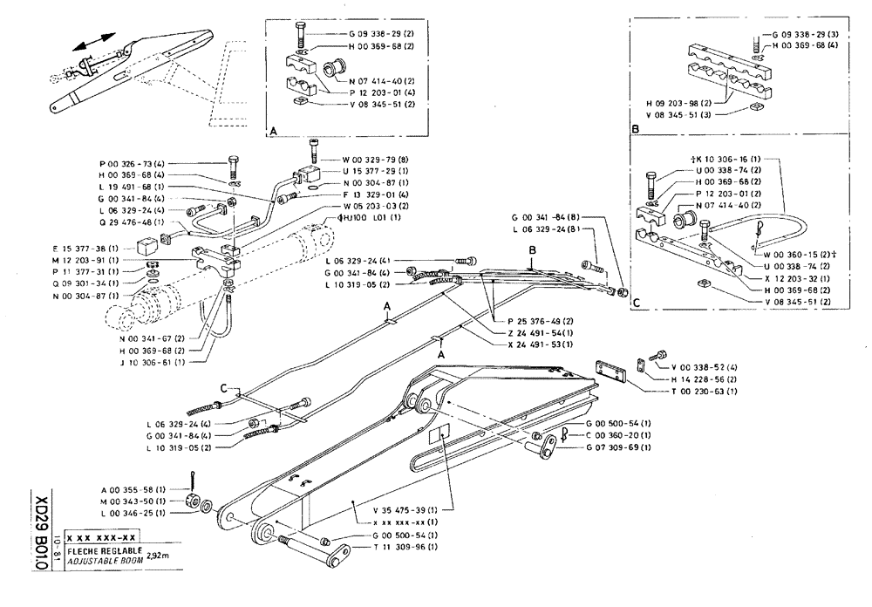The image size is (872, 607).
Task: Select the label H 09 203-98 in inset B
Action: [x=678, y=103]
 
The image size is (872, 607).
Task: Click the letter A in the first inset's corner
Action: [x=272, y=130]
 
